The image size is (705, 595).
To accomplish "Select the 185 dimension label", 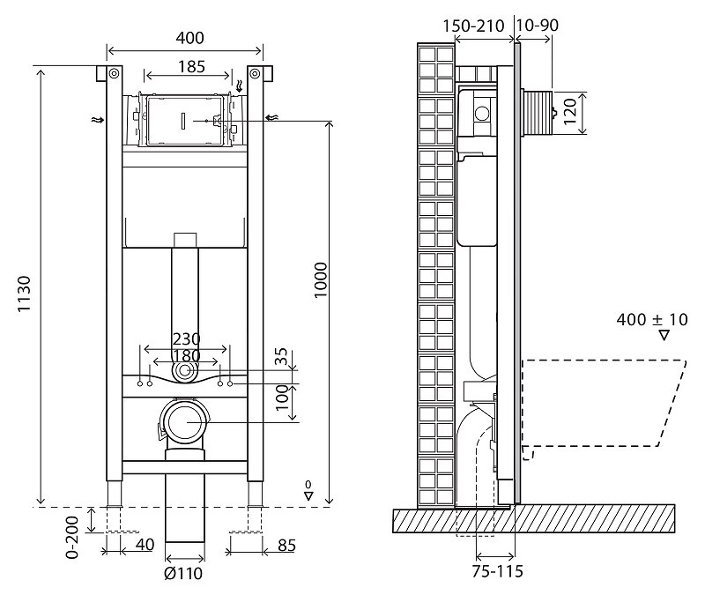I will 185,65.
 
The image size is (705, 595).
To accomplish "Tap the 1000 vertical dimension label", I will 321,279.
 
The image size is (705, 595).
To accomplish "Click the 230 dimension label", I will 186,338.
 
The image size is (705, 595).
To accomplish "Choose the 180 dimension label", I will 186,355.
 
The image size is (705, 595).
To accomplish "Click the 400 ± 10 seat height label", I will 652,319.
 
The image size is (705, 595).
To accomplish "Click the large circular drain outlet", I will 185,424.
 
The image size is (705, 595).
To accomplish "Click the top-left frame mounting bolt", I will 112,72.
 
